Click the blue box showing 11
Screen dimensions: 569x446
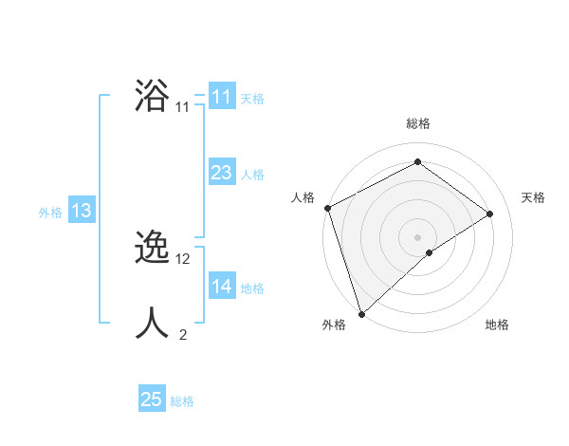click(x=222, y=97)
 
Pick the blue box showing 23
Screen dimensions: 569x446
click(x=222, y=173)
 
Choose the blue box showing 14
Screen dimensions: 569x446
click(x=222, y=287)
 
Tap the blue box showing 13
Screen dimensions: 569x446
click(x=82, y=211)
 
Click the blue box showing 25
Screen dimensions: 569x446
click(x=152, y=400)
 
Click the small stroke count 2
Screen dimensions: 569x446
click(x=183, y=334)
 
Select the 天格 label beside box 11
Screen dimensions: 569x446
click(x=252, y=98)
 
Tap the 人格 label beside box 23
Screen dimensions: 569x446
click(x=252, y=174)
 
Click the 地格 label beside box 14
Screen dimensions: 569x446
click(x=252, y=288)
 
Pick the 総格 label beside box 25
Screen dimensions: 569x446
click(x=182, y=400)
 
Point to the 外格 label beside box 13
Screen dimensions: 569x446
click(x=50, y=213)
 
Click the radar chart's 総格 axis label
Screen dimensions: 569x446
click(x=418, y=123)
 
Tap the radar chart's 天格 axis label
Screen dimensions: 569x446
click(x=533, y=197)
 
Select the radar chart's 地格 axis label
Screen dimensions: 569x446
click(x=497, y=325)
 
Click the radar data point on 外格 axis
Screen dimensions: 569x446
click(x=360, y=313)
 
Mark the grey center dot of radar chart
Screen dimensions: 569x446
click(x=417, y=236)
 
